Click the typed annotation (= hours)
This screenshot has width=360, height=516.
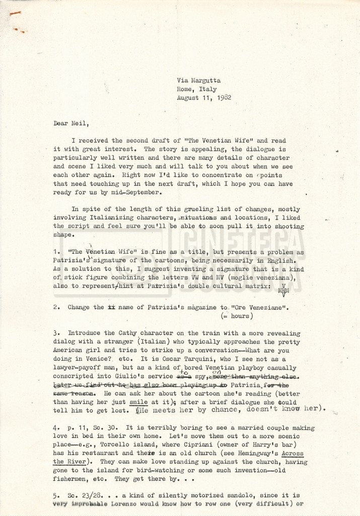236,316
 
